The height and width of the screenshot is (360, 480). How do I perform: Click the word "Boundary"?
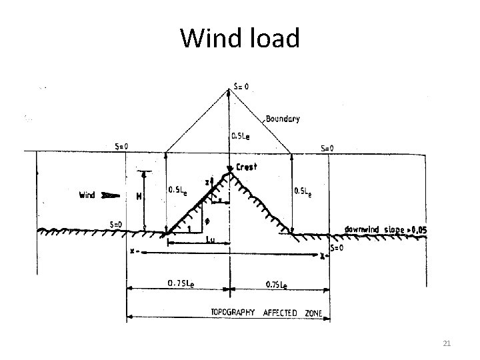tap(283, 119)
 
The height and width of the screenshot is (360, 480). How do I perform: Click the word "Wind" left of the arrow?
tap(89, 195)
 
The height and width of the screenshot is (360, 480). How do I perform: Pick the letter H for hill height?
tap(139, 199)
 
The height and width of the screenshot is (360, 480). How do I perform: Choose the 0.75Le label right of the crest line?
tap(277, 285)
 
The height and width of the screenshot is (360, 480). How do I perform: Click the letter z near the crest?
tap(207, 182)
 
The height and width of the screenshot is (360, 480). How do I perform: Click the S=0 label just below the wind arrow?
tap(115, 225)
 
